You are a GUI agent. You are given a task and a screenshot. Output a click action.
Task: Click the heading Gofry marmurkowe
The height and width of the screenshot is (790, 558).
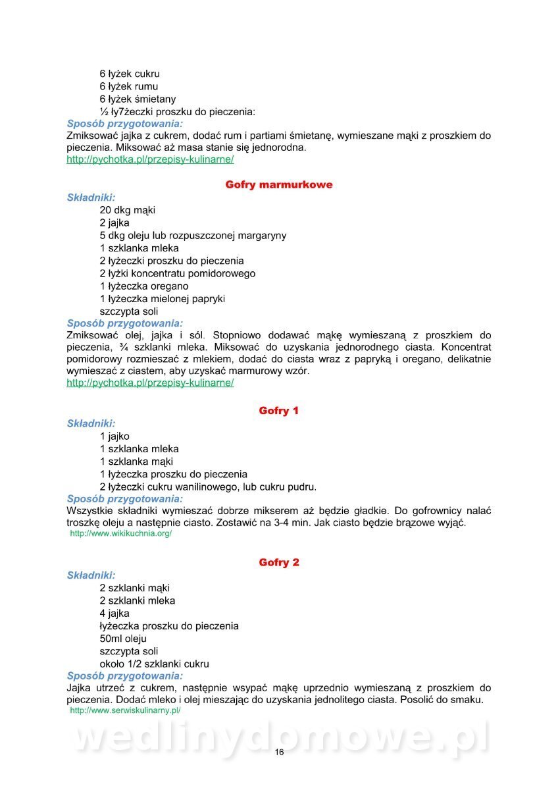click(x=279, y=185)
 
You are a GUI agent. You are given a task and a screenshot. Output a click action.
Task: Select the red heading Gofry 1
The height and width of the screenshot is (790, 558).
click(x=279, y=411)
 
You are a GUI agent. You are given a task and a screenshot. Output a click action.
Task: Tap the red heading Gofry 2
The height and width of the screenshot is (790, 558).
click(x=279, y=563)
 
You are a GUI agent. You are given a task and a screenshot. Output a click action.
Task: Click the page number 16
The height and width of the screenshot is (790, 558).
click(x=279, y=752)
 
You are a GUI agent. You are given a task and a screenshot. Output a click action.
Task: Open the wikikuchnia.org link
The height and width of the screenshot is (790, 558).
click(x=121, y=533)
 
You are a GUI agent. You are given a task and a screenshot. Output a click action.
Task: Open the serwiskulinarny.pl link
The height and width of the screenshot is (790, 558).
click(x=125, y=711)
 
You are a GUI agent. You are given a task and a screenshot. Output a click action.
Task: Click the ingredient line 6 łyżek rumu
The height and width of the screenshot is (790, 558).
click(x=129, y=86)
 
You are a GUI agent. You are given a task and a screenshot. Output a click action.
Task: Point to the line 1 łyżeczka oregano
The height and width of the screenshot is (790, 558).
click(x=144, y=286)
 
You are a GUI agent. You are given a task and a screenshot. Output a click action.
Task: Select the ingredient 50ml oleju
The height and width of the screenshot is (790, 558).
click(x=123, y=639)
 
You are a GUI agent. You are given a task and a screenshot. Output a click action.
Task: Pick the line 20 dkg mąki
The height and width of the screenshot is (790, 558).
click(x=128, y=211)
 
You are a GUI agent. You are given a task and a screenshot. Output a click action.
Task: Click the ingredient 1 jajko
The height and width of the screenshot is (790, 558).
click(x=114, y=436)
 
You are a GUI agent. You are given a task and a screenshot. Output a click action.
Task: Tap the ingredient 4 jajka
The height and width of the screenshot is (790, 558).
click(x=114, y=614)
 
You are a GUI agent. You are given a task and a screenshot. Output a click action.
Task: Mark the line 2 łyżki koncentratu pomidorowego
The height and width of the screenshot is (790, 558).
click(x=178, y=273)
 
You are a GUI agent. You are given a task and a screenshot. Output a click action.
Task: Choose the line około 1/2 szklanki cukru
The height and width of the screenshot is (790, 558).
click(x=155, y=664)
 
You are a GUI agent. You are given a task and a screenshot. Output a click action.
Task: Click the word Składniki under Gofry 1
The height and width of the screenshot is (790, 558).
click(x=91, y=423)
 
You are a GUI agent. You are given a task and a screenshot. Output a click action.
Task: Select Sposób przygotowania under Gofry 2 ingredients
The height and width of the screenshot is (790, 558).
click(x=125, y=675)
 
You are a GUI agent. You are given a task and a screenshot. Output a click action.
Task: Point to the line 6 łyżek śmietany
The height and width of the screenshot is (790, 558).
click(x=138, y=99)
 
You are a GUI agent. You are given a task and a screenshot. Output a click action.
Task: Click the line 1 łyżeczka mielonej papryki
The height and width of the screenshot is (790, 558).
click(x=163, y=299)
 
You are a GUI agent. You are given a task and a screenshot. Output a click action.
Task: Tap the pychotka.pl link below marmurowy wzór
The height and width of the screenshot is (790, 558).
click(x=150, y=382)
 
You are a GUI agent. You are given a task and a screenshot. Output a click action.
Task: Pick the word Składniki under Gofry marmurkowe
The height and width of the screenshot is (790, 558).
click(x=91, y=197)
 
